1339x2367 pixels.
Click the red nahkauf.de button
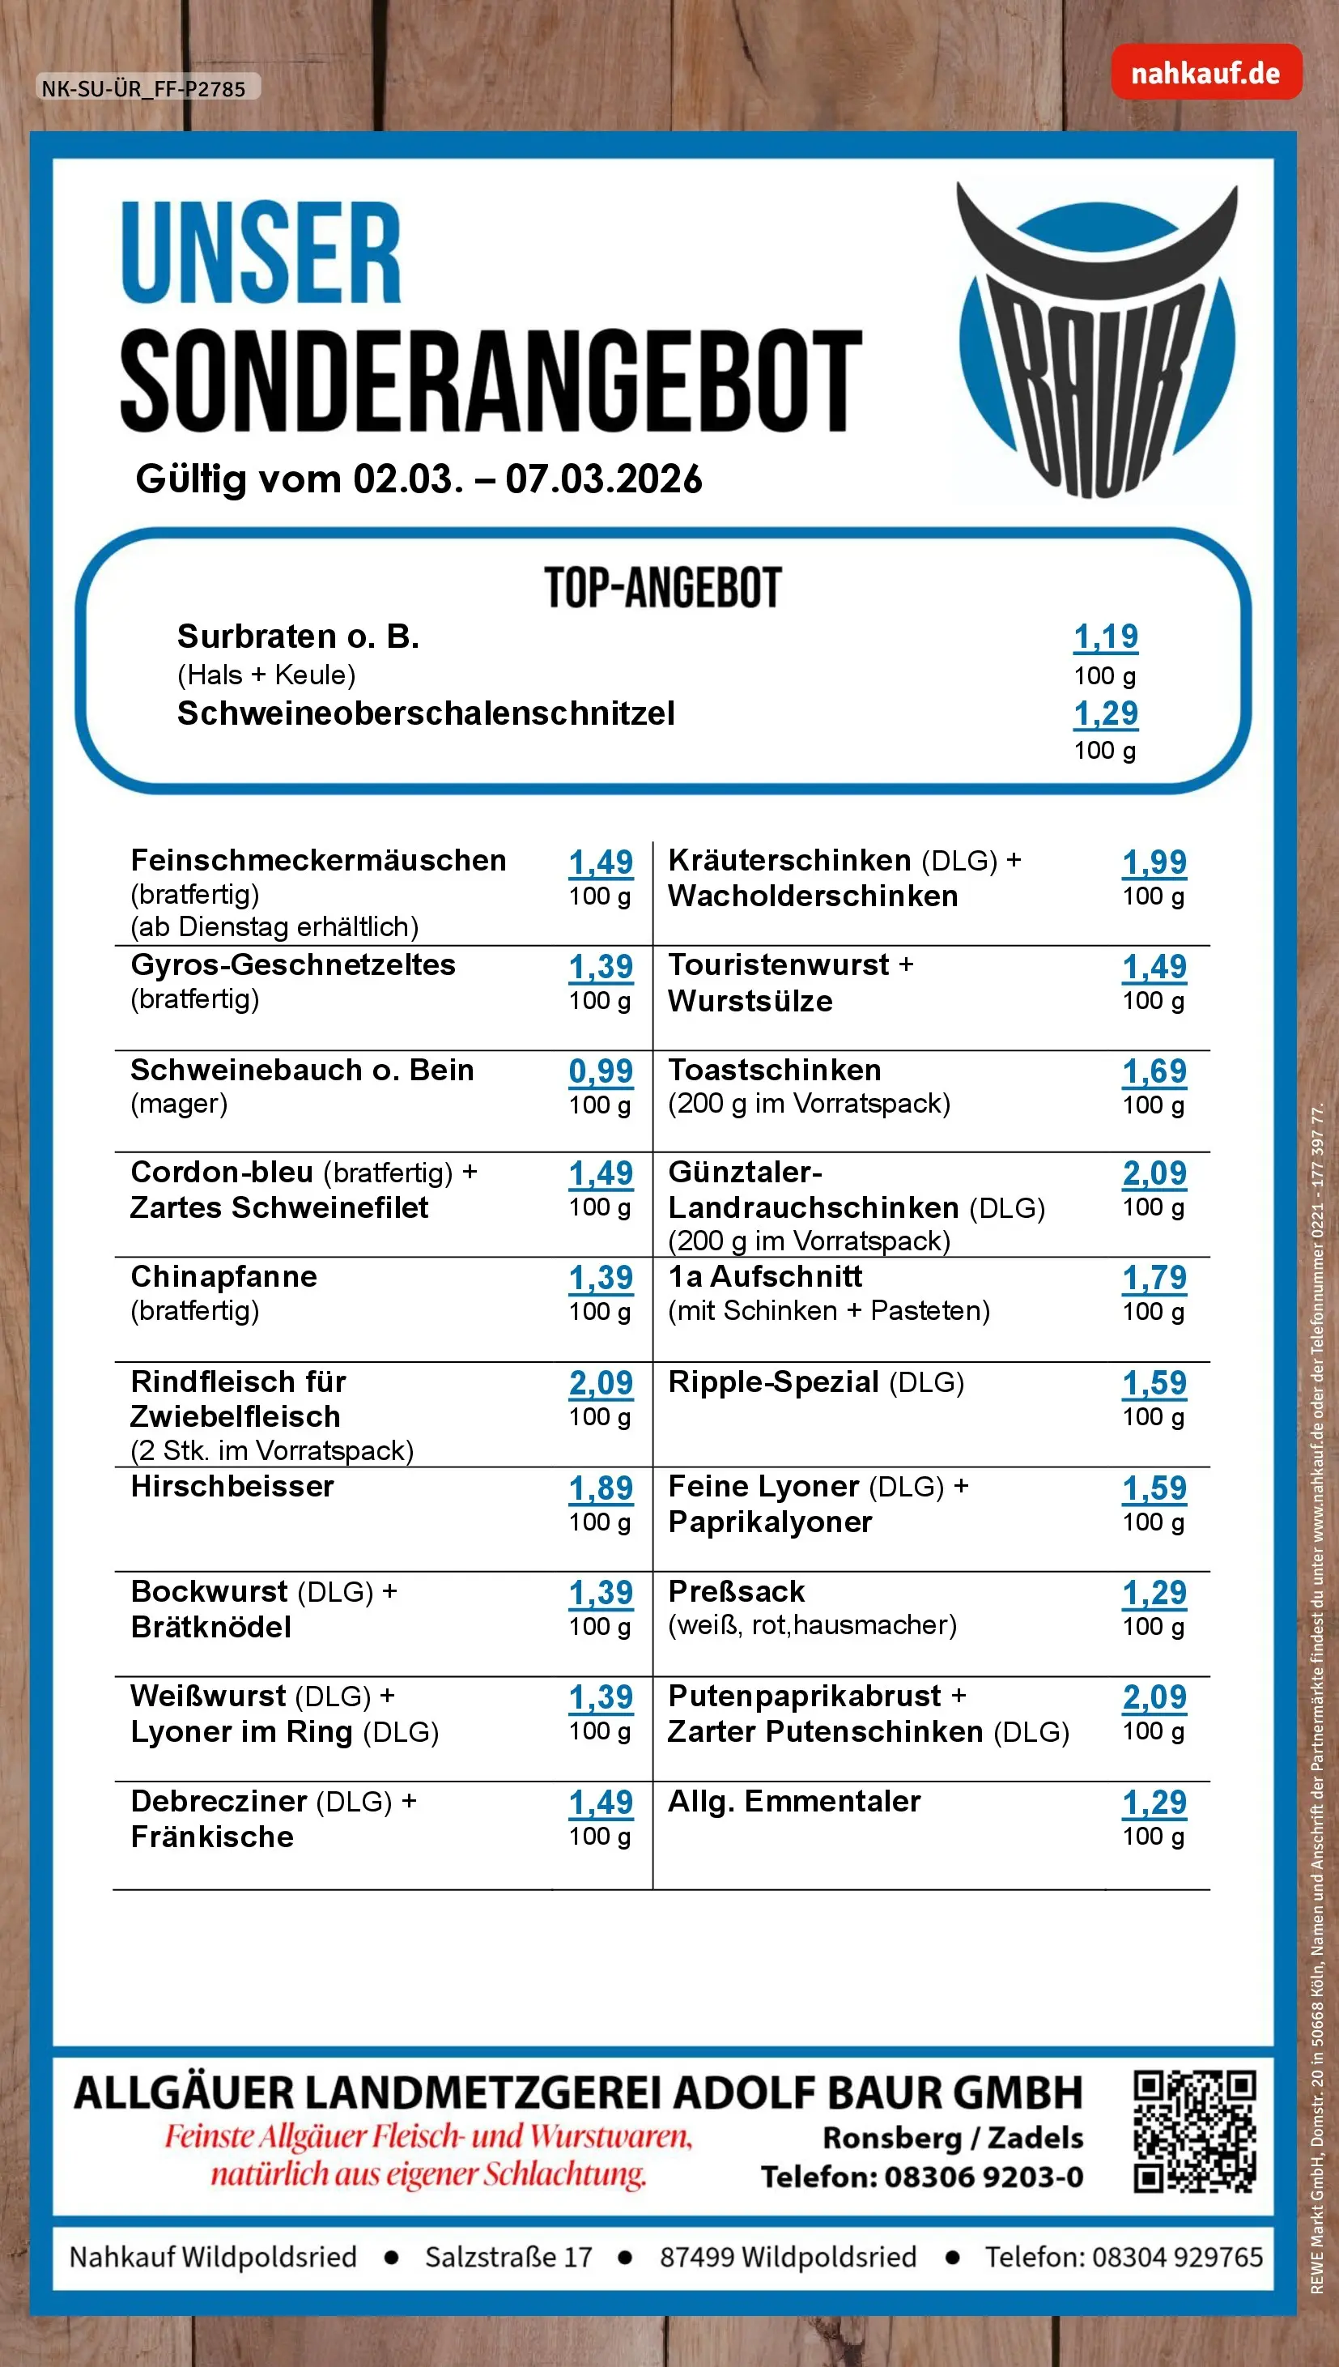coord(1205,73)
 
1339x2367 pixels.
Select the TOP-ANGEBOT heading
coord(662,589)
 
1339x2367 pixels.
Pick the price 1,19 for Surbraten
coord(1105,636)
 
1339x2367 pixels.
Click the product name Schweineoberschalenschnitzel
coord(426,713)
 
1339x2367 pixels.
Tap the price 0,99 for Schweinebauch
coord(601,1071)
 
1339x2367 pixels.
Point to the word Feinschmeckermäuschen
coord(318,860)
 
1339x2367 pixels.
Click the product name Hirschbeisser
coord(232,1486)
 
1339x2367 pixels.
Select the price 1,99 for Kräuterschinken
coord(1154,862)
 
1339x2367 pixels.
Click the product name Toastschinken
coord(775,1070)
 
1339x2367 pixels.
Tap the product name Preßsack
coord(736,1590)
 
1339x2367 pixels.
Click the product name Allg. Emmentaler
coord(793,1800)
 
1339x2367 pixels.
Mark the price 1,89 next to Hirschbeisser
coord(601,1488)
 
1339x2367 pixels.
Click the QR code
coord(1194,2131)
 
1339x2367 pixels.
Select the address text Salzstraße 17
coord(508,2257)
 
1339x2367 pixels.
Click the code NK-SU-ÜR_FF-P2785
coord(143,89)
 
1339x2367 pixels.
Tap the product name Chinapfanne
coord(223,1276)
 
